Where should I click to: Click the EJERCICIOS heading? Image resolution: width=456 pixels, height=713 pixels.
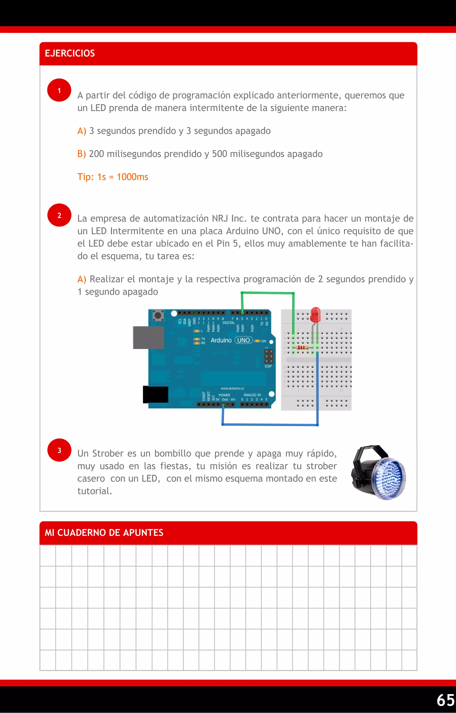[x=70, y=53]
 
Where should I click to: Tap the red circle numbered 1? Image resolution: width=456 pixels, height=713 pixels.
[x=59, y=90]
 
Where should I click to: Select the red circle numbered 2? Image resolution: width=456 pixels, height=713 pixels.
[x=59, y=215]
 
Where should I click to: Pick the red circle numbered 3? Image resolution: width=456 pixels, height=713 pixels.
[x=59, y=450]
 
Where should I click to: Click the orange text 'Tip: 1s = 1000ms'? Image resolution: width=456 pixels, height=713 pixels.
[x=113, y=177]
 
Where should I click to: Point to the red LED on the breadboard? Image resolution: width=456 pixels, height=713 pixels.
[x=315, y=315]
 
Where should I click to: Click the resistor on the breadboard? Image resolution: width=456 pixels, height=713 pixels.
[x=303, y=347]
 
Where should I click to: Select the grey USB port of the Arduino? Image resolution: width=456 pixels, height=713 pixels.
[x=148, y=337]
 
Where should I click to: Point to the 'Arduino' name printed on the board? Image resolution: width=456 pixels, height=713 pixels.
[x=221, y=340]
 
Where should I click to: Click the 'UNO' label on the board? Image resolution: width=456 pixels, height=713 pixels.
[x=244, y=340]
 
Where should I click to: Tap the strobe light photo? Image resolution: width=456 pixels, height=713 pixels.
[x=379, y=472]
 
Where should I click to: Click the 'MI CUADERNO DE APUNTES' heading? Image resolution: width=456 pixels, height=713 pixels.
[x=104, y=533]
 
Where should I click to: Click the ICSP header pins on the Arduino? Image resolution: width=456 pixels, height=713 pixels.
[x=269, y=356]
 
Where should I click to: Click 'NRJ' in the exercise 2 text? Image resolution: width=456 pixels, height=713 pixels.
[x=220, y=218]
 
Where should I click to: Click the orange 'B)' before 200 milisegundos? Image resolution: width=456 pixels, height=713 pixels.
[x=81, y=154]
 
